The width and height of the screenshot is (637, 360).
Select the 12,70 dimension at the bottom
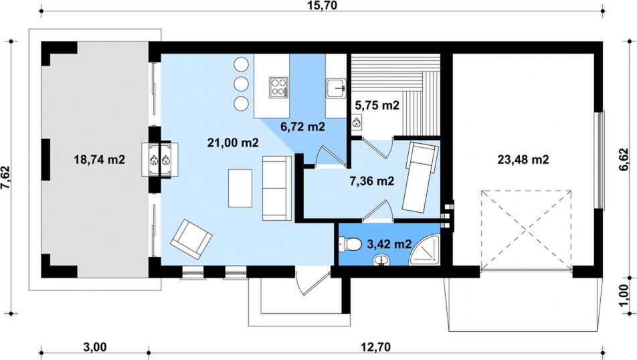[376, 347]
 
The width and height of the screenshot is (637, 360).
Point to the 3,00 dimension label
[94, 347]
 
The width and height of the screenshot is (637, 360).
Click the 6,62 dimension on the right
[624, 159]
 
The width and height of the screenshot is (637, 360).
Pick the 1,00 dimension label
[624, 296]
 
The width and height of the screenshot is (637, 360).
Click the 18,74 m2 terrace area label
[99, 160]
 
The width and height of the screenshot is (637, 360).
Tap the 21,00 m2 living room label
[233, 143]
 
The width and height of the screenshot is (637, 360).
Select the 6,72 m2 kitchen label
[302, 126]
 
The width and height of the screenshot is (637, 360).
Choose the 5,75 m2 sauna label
[377, 106]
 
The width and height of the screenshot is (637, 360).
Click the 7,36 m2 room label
[372, 181]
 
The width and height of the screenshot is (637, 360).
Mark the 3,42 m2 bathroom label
[389, 244]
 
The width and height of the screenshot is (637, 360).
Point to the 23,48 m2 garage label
[523, 160]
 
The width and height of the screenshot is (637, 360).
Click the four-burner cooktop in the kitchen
[278, 87]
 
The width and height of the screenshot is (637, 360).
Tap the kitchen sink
[336, 88]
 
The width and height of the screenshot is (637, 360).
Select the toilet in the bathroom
[350, 244]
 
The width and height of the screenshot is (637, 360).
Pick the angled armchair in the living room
[191, 240]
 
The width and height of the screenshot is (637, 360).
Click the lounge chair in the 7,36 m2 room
[420, 177]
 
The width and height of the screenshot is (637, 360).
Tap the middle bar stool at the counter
[241, 84]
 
